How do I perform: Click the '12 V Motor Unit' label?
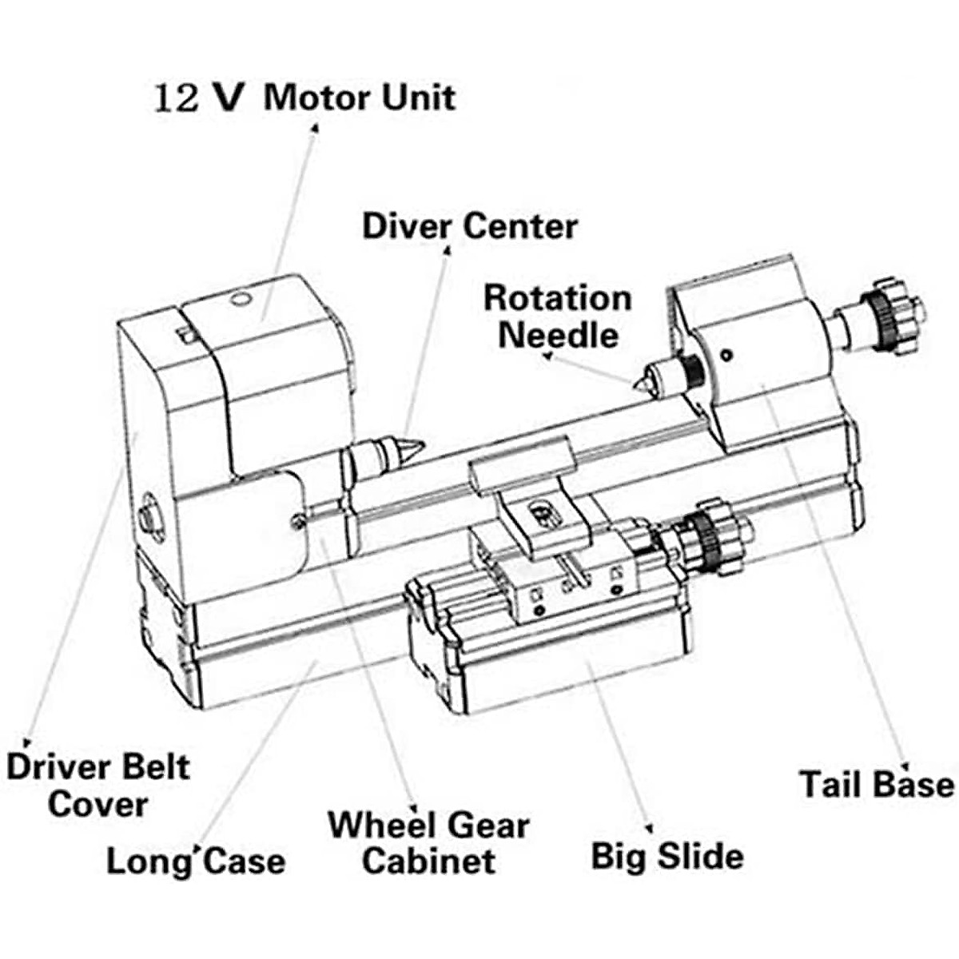pyautogui.click(x=304, y=97)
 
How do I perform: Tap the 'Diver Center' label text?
pyautogui.click(x=469, y=226)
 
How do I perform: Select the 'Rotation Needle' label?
pyautogui.click(x=558, y=316)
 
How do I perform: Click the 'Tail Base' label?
pyautogui.click(x=877, y=784)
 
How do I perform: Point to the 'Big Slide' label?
pyautogui.click(x=667, y=856)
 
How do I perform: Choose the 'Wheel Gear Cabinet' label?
pyautogui.click(x=428, y=843)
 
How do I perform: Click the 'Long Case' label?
pyautogui.click(x=196, y=862)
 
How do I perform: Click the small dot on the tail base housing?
pyautogui.click(x=726, y=355)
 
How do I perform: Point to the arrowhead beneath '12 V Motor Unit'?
pyautogui.click(x=314, y=126)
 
